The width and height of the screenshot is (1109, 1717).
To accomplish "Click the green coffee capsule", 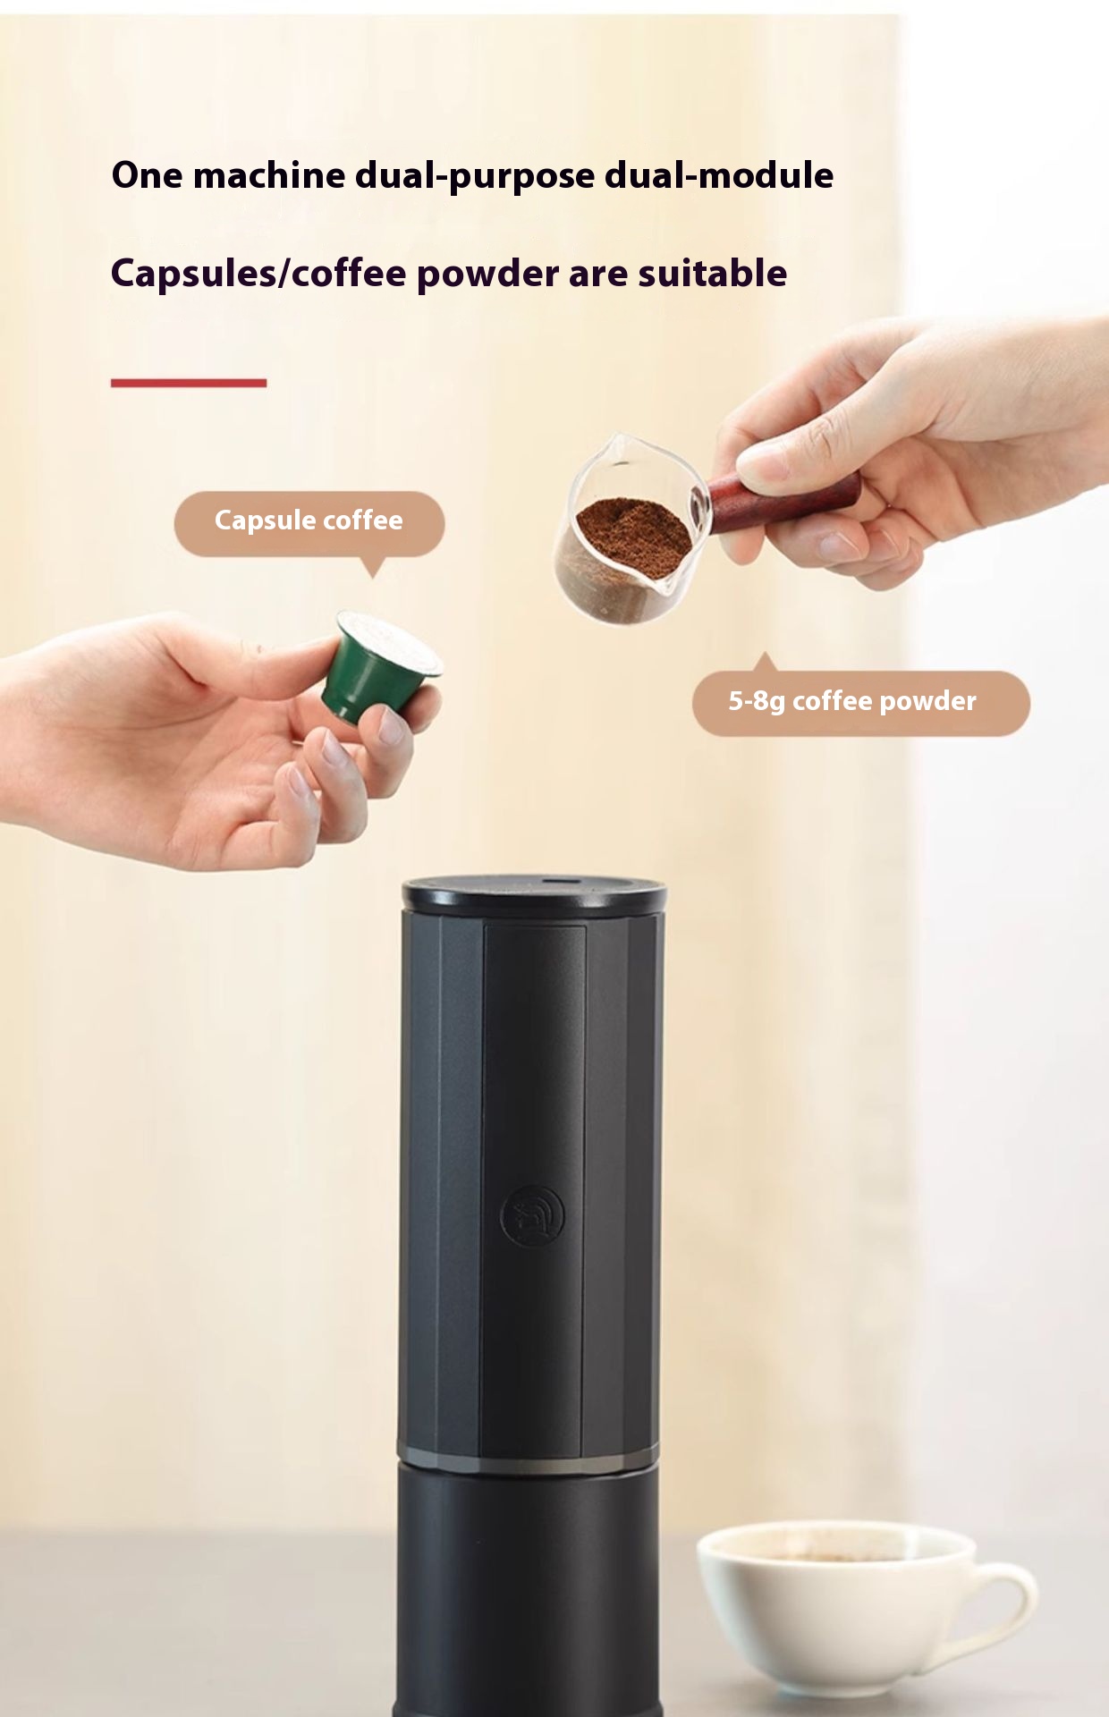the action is pyautogui.click(x=380, y=664).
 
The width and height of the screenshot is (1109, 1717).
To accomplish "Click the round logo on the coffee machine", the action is pyautogui.click(x=532, y=1216).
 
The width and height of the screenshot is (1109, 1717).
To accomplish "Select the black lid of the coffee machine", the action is pyautogui.click(x=535, y=895).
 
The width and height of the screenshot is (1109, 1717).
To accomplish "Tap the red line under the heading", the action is pyautogui.click(x=189, y=383).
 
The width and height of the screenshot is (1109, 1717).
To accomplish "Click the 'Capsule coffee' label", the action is pyautogui.click(x=309, y=520).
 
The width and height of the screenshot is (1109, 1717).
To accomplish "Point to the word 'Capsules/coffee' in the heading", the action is pyautogui.click(x=258, y=274).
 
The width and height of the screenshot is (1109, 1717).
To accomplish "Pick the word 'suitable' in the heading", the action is pyautogui.click(x=712, y=273).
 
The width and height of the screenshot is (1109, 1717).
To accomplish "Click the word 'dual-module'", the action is pyautogui.click(x=719, y=175).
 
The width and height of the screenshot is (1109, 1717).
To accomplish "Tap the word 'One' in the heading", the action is pyautogui.click(x=147, y=175).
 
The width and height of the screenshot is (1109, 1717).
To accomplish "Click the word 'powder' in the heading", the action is pyautogui.click(x=487, y=274).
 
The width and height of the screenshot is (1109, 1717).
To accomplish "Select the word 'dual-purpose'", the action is pyautogui.click(x=475, y=176).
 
